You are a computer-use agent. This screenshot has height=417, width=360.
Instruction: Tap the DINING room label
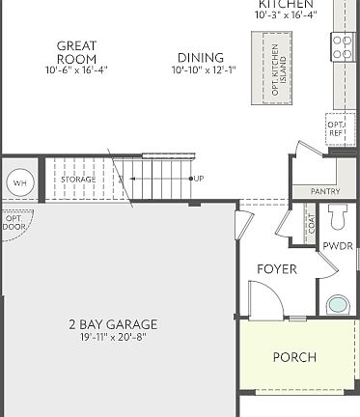pos(201,58)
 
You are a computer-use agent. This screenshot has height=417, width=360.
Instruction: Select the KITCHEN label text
pos(285,4)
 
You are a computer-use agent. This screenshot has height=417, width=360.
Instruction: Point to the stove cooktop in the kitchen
pos(344,46)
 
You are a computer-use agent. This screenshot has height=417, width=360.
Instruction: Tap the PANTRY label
pos(325,191)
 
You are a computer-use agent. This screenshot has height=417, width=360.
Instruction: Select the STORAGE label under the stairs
pos(78,180)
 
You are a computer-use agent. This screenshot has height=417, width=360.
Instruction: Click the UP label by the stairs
pos(199,179)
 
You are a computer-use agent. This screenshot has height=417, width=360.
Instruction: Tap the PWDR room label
pos(337,246)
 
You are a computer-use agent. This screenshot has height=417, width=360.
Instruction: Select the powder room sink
pos(337,305)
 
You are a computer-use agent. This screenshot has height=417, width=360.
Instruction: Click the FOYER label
pos(276,268)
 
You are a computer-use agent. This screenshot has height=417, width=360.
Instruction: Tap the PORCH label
pos(294,356)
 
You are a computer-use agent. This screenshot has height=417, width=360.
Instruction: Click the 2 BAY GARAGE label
pos(113,324)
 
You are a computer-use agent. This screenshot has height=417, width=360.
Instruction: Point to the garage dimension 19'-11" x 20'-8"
pos(113,337)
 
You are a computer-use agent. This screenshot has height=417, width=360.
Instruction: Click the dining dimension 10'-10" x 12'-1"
pos(201,70)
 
